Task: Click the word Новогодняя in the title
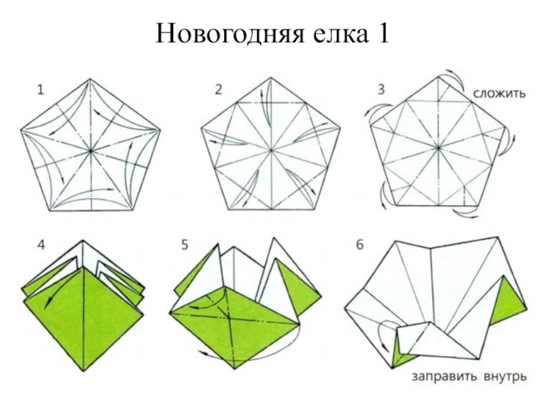click(x=230, y=33)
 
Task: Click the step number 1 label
click(x=41, y=90)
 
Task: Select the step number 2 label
click(x=218, y=90)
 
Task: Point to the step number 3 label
click(x=382, y=90)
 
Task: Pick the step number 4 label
click(x=41, y=245)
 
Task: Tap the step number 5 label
click(x=185, y=245)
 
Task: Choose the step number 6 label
click(x=360, y=245)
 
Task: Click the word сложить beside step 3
click(x=499, y=94)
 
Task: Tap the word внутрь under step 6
click(x=505, y=377)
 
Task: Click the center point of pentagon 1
click(x=91, y=151)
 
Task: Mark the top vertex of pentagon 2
click(x=271, y=78)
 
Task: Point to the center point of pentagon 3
click(x=438, y=148)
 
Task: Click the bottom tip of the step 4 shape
click(x=83, y=371)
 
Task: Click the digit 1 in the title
click(x=382, y=33)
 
